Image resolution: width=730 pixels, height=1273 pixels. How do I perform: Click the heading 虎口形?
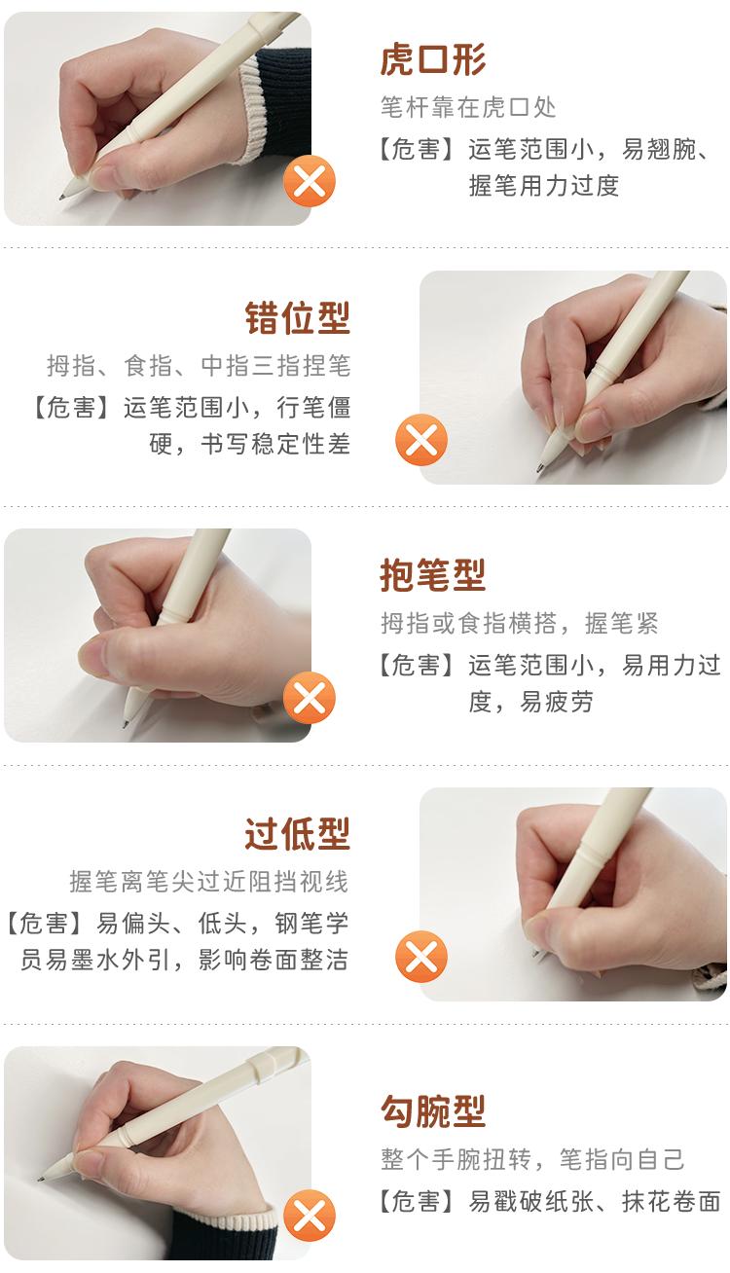[x=432, y=60]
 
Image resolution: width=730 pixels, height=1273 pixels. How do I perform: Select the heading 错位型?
[x=297, y=318]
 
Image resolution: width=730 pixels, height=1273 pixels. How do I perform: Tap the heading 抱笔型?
[x=432, y=576]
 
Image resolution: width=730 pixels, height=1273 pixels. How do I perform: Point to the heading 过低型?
[x=297, y=834]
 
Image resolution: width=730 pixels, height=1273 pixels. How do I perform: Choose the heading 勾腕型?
[x=432, y=1111]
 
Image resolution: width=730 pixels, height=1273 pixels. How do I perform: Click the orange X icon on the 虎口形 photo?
[x=309, y=182]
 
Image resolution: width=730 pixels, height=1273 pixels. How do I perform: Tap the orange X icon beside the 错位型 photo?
[x=420, y=441]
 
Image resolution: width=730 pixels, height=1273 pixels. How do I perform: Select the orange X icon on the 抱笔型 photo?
[x=309, y=699]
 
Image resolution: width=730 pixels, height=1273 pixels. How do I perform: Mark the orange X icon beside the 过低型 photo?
[x=420, y=957]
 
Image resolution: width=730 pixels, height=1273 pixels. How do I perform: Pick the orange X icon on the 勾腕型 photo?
[x=309, y=1217]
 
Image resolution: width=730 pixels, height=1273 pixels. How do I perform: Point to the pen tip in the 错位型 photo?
[x=540, y=472]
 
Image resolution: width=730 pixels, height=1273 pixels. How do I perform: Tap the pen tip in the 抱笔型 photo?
[x=126, y=725]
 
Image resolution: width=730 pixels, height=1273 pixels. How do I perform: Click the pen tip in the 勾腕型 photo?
[x=42, y=1179]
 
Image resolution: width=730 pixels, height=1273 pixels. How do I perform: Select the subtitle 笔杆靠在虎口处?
[x=468, y=107]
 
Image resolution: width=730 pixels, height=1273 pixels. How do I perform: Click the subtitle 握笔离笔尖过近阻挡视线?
[x=208, y=882]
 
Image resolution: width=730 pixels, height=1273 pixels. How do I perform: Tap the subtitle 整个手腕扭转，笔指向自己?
[x=532, y=1159]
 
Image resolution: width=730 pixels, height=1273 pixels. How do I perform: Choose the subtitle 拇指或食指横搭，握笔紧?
[x=519, y=624]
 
